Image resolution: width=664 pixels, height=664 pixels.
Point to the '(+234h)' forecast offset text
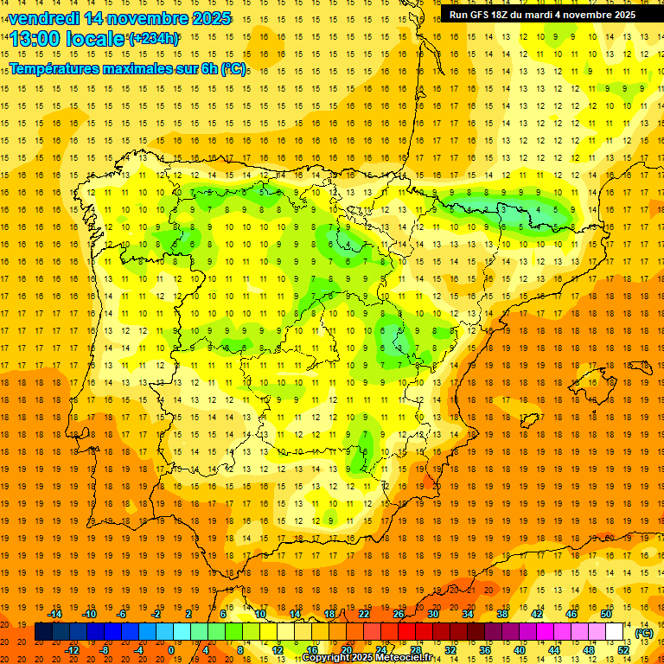154,39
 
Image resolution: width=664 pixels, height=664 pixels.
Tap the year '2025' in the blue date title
211,18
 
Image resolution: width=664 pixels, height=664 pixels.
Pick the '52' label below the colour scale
623,650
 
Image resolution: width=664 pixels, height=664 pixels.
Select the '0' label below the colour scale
170,650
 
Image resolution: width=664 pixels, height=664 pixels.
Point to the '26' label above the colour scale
399,614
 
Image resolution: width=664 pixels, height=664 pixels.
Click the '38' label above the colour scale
501,614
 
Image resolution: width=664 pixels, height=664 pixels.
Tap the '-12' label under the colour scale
72,650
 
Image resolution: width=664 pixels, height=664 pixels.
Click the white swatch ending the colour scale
615,632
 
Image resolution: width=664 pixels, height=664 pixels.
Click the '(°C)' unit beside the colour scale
644,633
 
